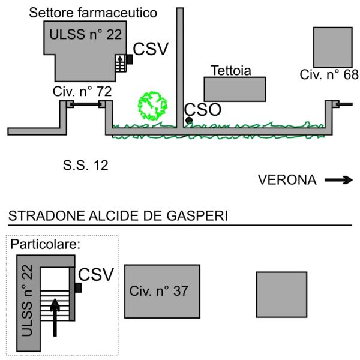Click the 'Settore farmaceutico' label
pyautogui.click(x=93, y=12)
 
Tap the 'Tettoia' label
pyautogui.click(x=230, y=71)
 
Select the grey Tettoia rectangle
pyautogui.click(x=235, y=89)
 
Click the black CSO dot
pyautogui.click(x=189, y=121)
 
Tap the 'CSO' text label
pyautogui.click(x=203, y=110)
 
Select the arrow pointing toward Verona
pyautogui.click(x=338, y=180)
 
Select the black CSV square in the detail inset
pyautogui.click(x=77, y=287)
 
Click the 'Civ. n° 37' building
pyautogui.click(x=162, y=291)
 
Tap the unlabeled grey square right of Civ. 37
pyautogui.click(x=281, y=294)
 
